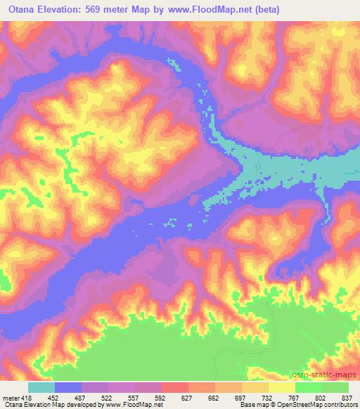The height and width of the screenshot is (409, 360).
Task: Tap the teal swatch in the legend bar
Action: coord(41,387)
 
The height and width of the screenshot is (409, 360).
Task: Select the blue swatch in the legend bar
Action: coord(68,387)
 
